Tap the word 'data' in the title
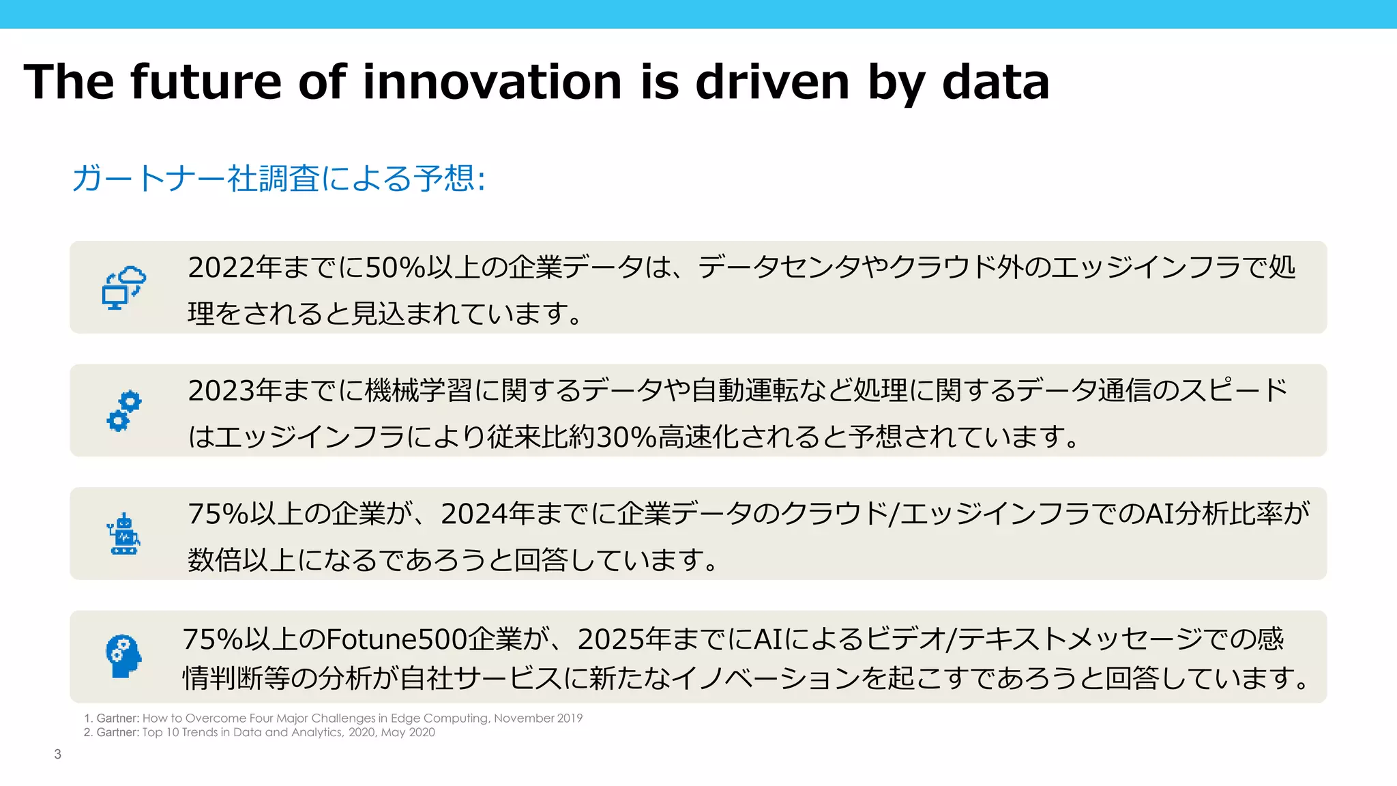pos(995,82)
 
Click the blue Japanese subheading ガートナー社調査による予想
pos(278,179)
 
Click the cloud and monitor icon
pos(124,288)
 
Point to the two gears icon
pos(124,411)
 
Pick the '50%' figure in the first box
pos(395,267)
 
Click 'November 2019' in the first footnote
pos(538,718)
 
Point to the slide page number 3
pos(58,755)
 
